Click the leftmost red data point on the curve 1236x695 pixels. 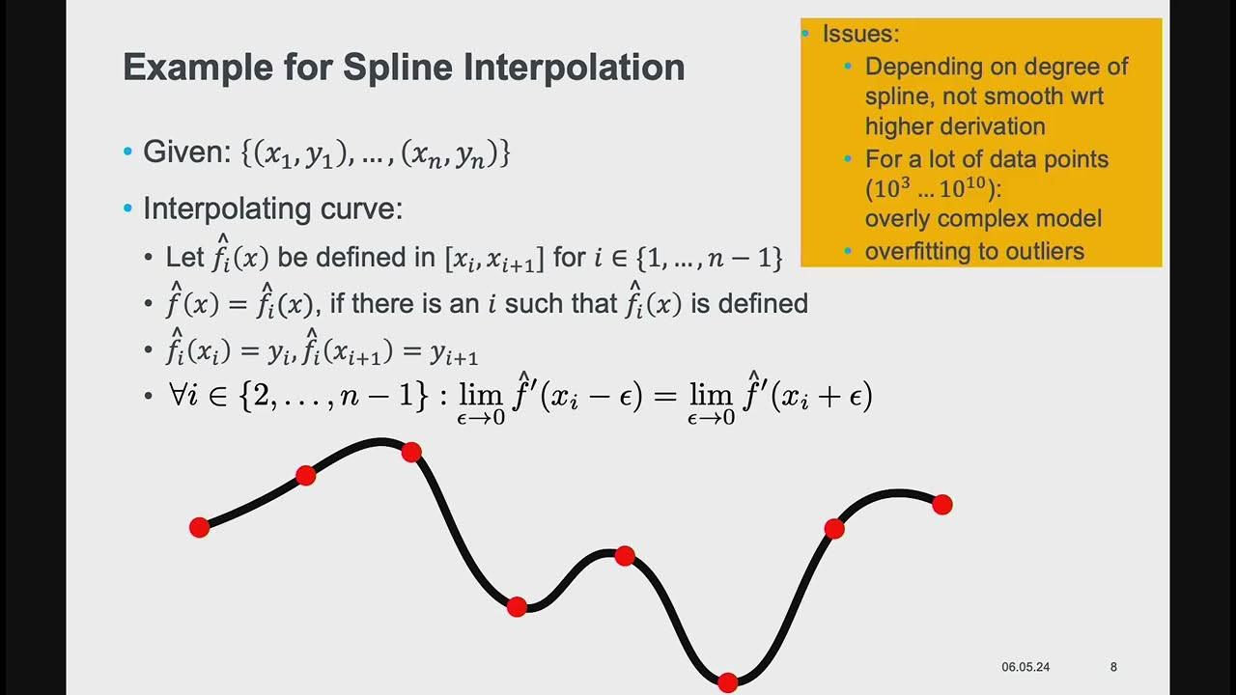pos(199,527)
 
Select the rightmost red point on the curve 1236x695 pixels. pos(942,504)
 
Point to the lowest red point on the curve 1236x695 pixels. pos(728,682)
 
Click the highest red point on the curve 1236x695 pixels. pos(411,452)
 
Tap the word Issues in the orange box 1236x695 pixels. pos(859,35)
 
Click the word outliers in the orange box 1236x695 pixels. pos(1038,252)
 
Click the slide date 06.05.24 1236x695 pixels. pos(1025,667)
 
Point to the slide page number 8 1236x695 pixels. pos(1113,667)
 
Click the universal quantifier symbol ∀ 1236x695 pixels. pos(175,396)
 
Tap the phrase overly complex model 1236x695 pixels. pos(983,219)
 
